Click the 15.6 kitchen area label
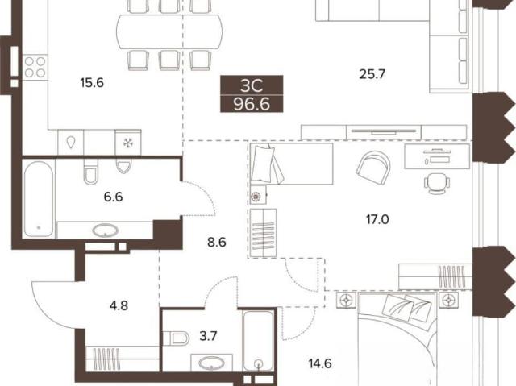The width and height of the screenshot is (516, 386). pyautogui.click(x=92, y=83)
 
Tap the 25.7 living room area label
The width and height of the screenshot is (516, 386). pyautogui.click(x=372, y=74)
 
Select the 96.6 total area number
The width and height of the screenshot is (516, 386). pyautogui.click(x=252, y=104)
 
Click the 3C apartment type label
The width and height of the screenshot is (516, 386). pyautogui.click(x=252, y=86)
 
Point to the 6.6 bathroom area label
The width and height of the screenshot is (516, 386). pyautogui.click(x=113, y=197)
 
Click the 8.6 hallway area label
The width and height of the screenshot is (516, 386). pyautogui.click(x=217, y=243)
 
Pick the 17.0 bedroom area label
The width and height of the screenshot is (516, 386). pyautogui.click(x=377, y=219)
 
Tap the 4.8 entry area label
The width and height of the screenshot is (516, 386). pyautogui.click(x=119, y=305)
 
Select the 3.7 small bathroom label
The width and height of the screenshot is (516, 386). pyautogui.click(x=208, y=336)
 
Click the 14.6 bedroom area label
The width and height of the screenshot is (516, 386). pyautogui.click(x=320, y=364)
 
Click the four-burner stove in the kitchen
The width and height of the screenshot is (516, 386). pyautogui.click(x=35, y=67)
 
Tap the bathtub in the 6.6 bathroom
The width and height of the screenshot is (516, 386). pyautogui.click(x=39, y=199)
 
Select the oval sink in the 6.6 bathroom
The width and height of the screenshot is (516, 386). pyautogui.click(x=106, y=230)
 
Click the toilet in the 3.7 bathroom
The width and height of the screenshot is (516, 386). pyautogui.click(x=176, y=338)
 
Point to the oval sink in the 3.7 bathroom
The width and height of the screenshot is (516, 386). pyautogui.click(x=212, y=363)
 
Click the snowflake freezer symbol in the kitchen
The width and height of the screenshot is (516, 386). pyautogui.click(x=127, y=143)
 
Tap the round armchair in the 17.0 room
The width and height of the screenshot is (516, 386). pyautogui.click(x=373, y=164)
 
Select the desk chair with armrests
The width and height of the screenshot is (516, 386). pyautogui.click(x=437, y=184)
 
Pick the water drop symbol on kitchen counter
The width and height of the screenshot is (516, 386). pyautogui.click(x=71, y=143)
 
